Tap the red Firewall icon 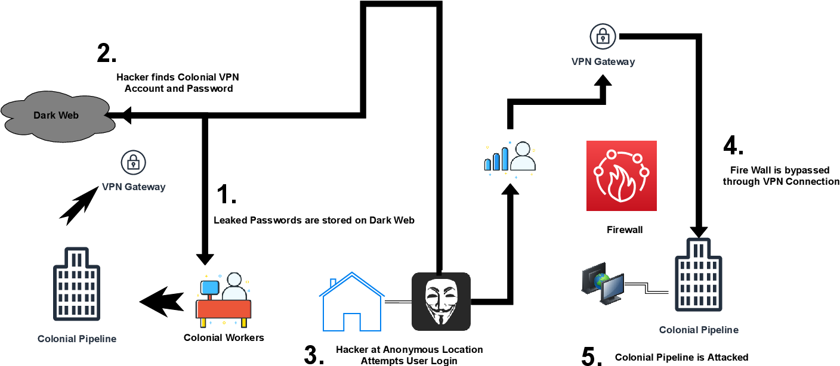(622, 176)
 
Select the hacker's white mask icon (441, 302)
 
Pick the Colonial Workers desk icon (224, 301)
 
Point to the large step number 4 (733, 146)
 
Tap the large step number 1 (226, 195)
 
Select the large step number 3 (314, 355)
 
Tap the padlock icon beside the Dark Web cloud (133, 162)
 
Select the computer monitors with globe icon (603, 283)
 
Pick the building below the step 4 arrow (698, 274)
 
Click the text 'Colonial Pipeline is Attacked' (681, 358)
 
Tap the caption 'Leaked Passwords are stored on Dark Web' (314, 220)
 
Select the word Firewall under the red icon (625, 229)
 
